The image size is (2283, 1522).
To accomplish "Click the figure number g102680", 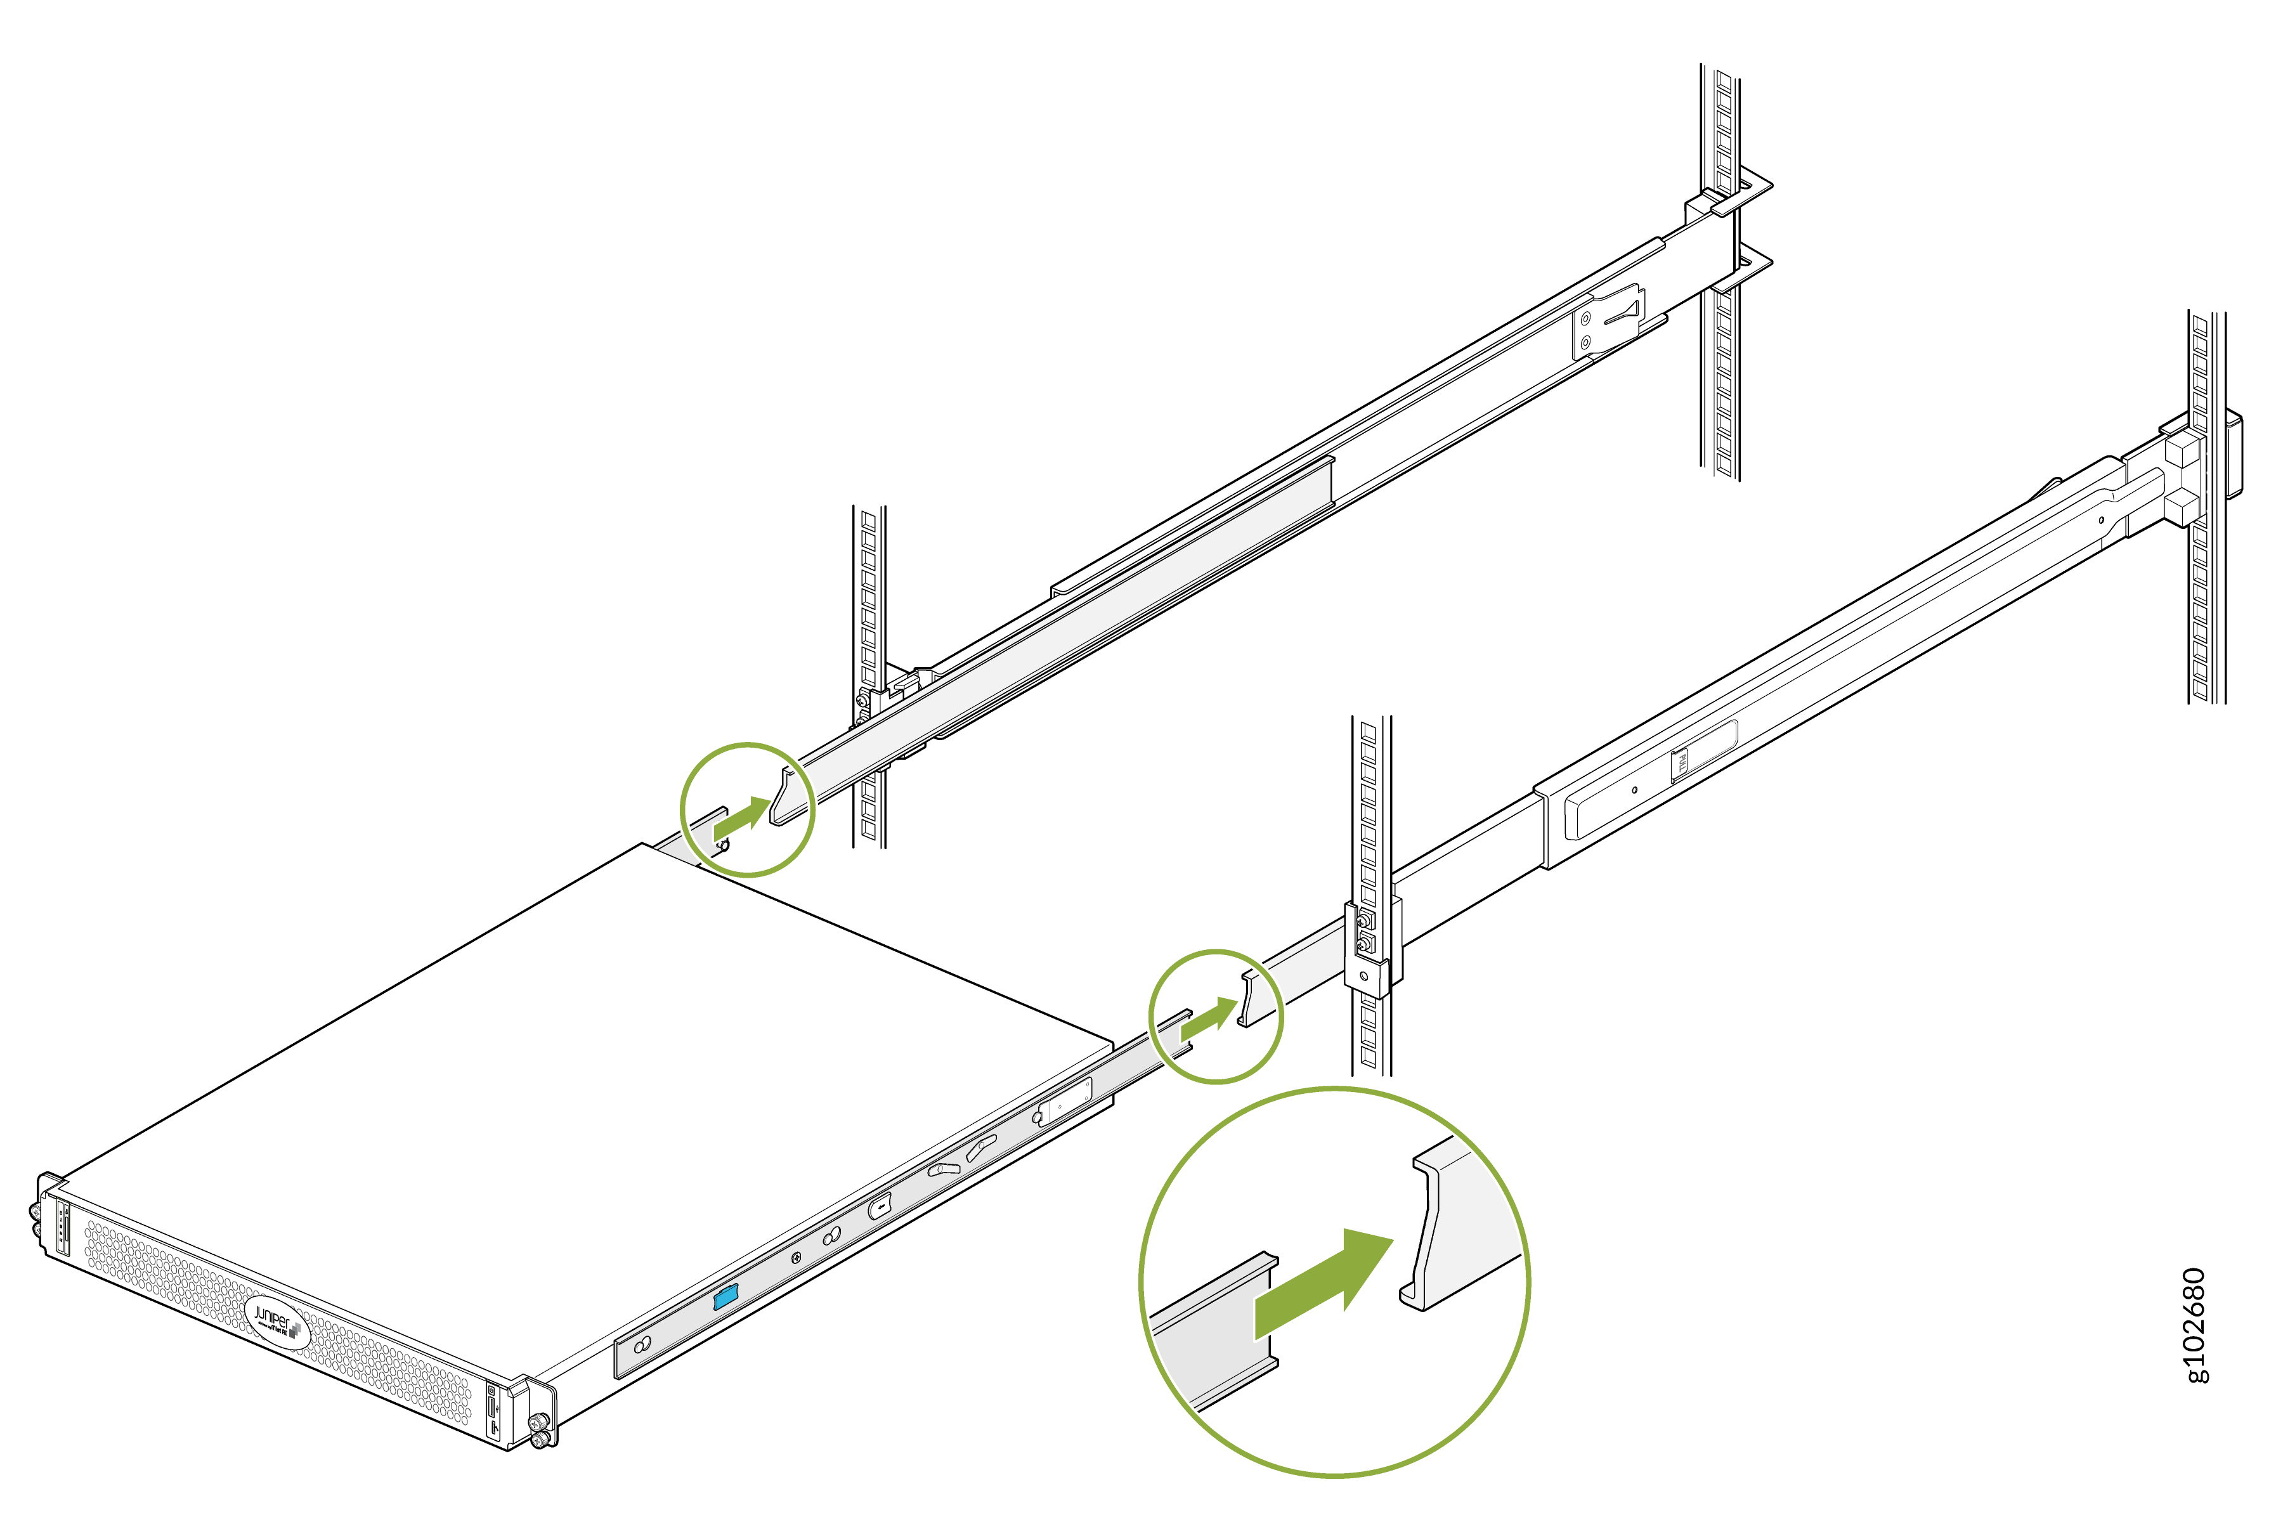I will tap(2195, 1324).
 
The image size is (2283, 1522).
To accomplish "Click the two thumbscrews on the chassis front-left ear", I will tap(36, 1221).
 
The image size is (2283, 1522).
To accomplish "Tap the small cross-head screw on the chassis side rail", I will tap(796, 1259).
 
